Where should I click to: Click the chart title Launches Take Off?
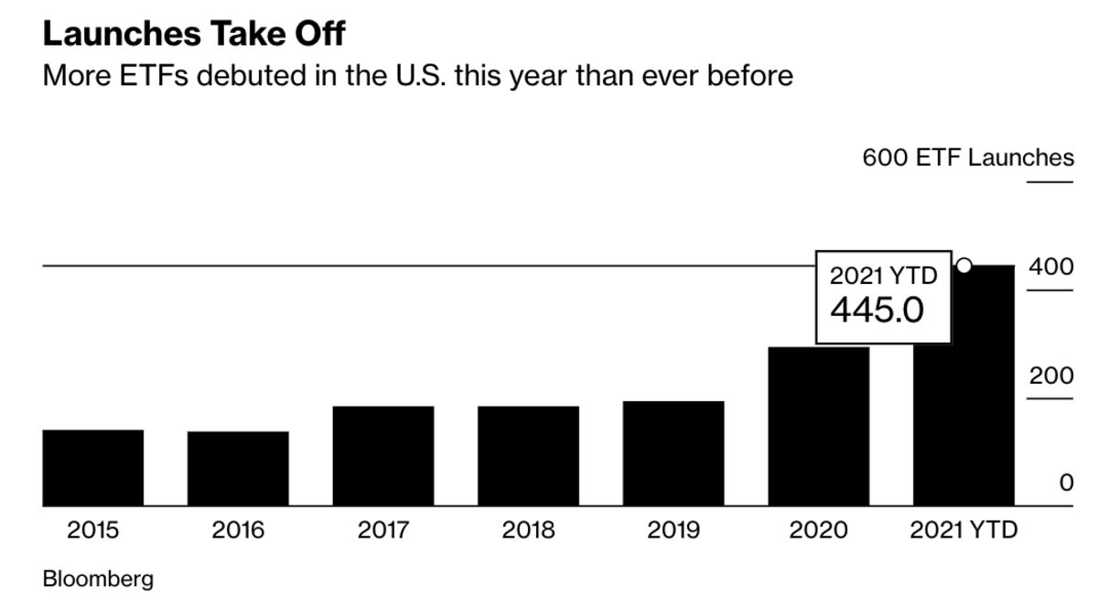194,34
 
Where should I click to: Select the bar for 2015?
93,468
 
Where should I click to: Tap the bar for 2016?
238,469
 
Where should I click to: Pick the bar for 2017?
383,456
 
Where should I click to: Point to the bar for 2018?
528,456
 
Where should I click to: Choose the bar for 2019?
673,453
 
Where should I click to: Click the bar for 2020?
818,427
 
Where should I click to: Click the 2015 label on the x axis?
93,530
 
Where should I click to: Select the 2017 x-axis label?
383,530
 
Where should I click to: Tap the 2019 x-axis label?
673,530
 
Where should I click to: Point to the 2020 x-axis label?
818,530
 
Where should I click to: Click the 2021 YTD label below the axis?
963,530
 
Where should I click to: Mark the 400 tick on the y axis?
1050,268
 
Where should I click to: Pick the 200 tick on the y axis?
1050,376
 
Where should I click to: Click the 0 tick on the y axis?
1066,483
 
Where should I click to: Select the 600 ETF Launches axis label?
968,158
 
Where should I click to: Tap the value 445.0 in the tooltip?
877,310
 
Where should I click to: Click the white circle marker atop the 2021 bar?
963,266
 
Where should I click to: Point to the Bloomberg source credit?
98,579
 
